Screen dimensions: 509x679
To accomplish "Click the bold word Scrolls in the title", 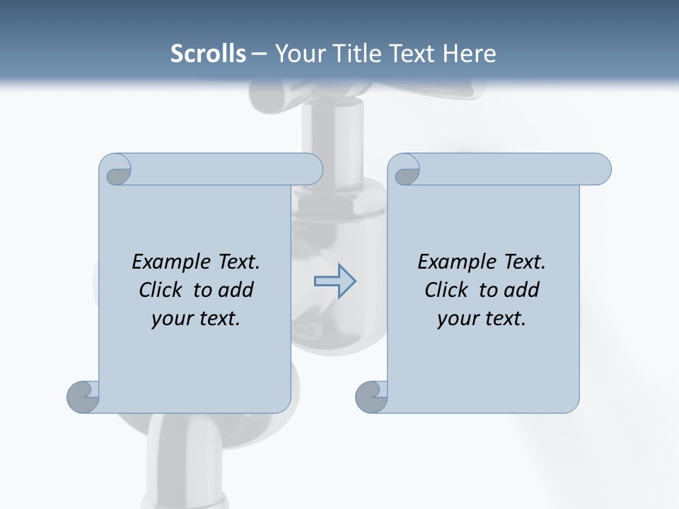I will point(208,54).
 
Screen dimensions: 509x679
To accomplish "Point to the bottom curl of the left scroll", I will point(83,396).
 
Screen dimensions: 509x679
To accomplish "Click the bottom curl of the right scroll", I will point(371,397).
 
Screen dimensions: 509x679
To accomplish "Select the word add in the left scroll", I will point(236,290).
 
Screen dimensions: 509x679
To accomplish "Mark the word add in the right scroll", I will point(521,290).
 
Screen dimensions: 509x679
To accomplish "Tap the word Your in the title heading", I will point(298,54).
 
